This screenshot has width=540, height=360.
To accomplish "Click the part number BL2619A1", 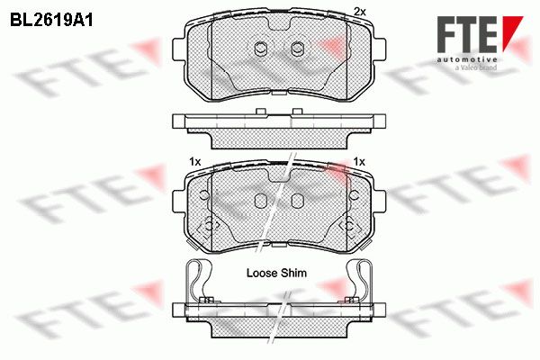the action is pyautogui.click(x=51, y=21).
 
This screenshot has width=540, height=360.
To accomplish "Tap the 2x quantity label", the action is pyautogui.click(x=359, y=12).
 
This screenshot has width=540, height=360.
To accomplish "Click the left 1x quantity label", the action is pyautogui.click(x=195, y=162).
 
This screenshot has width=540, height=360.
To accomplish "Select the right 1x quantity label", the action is pyautogui.click(x=359, y=162).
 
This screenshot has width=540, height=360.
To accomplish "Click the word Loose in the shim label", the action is pyautogui.click(x=262, y=274).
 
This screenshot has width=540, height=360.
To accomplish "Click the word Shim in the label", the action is pyautogui.click(x=293, y=274).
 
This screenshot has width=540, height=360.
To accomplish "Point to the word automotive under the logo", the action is pyautogui.click(x=467, y=59).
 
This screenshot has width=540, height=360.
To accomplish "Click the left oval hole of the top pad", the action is pyautogui.click(x=261, y=49).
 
